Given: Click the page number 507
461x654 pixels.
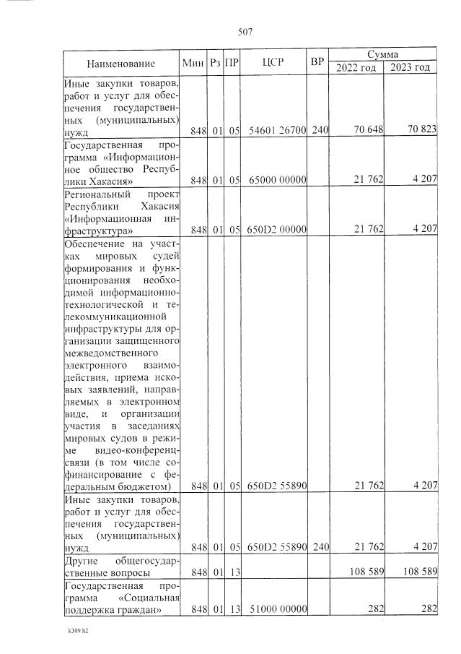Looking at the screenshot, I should [243, 30].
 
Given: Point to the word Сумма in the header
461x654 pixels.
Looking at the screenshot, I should [383, 54].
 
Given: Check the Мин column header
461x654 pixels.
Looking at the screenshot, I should [195, 63].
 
